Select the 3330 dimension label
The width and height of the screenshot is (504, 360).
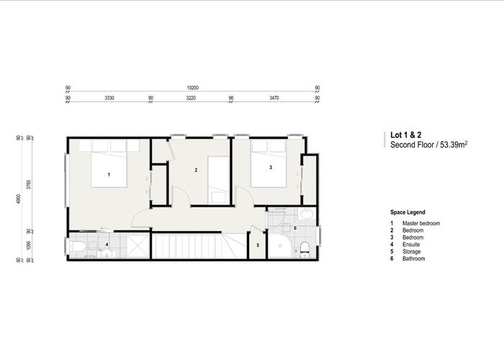[x=109, y=97]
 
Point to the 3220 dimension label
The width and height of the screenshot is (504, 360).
[x=192, y=97]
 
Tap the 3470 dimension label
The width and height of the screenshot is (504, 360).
[x=274, y=97]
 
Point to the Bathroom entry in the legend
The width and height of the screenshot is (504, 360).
[x=413, y=258]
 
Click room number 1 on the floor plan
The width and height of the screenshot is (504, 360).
[x=109, y=174]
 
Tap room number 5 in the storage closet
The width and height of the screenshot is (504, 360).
[x=258, y=245]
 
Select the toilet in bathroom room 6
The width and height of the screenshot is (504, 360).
[x=305, y=248]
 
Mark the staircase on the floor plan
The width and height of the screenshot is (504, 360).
[x=191, y=246]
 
